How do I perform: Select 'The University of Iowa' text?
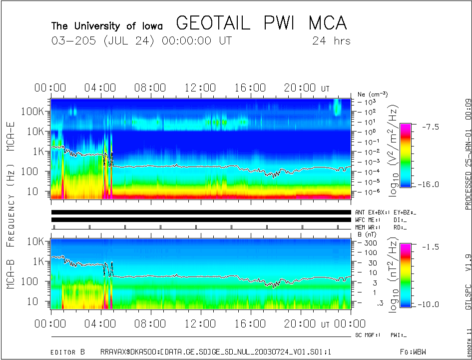[x=107, y=25]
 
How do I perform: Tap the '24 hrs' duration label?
[x=331, y=40]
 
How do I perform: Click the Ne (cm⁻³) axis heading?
[x=373, y=94]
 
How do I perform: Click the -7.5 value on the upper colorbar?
[x=428, y=126]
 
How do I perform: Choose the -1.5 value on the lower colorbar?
[x=428, y=246]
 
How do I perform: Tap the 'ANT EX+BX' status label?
[x=370, y=212]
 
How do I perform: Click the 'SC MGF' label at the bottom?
[x=367, y=335]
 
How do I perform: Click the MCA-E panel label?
[x=10, y=129]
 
